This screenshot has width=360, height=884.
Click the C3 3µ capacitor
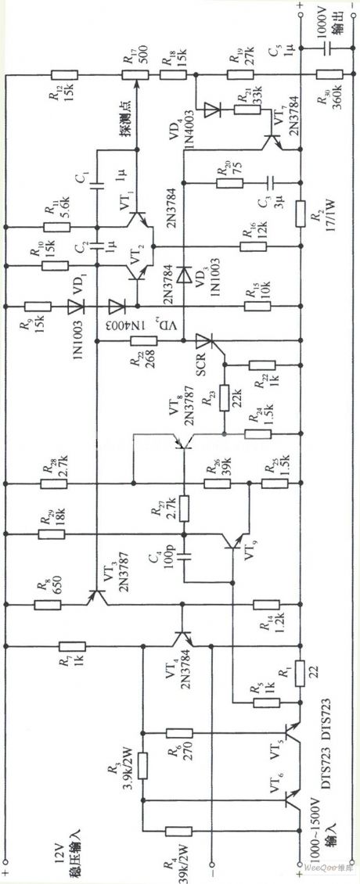click(x=268, y=181)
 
